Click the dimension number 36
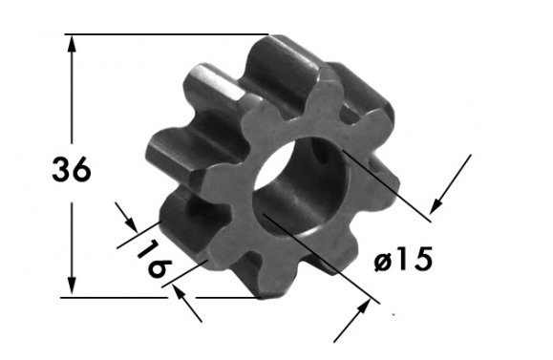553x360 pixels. [x=72, y=170]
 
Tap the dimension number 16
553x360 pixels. [x=154, y=259]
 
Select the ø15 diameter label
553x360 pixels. [x=403, y=259]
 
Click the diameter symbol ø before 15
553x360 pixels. [x=383, y=263]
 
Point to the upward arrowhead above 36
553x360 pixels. [x=72, y=44]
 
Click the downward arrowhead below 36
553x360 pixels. [x=72, y=286]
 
